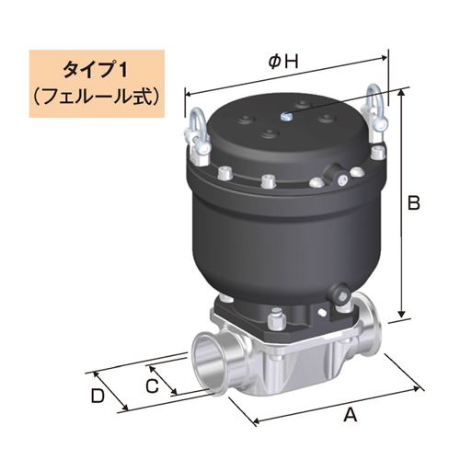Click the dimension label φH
[x=283, y=62]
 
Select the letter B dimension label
[x=414, y=201]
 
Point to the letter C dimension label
[x=151, y=383]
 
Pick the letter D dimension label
[x=98, y=397]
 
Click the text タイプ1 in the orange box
[x=97, y=69]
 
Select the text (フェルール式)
[x=97, y=93]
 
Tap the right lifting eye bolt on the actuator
[x=374, y=106]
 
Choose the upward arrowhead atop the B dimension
[x=403, y=93]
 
